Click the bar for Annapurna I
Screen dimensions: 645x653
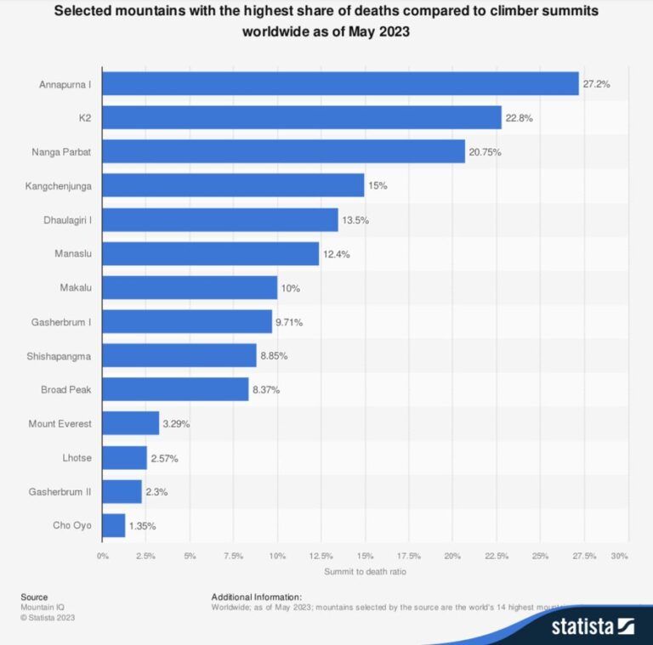pyautogui.click(x=340, y=83)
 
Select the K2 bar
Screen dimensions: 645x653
pyautogui.click(x=302, y=117)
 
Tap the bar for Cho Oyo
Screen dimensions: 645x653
pyautogui.click(x=114, y=525)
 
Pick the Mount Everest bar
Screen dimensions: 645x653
pyautogui.click(x=131, y=423)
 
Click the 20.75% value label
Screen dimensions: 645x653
pyautogui.click(x=487, y=151)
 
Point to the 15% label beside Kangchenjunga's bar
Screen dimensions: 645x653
pyautogui.click(x=378, y=185)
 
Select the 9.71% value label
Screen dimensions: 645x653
pyautogui.click(x=289, y=322)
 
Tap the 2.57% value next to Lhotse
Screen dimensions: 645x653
pyautogui.click(x=164, y=458)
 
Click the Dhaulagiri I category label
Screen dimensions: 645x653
pyautogui.click(x=67, y=219)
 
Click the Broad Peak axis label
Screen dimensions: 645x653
pyautogui.click(x=67, y=390)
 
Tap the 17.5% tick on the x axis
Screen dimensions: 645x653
pyautogui.click(x=408, y=556)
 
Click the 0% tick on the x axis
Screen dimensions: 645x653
pyautogui.click(x=102, y=556)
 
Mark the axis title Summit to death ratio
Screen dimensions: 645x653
pyautogui.click(x=365, y=572)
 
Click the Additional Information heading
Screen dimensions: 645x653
pyautogui.click(x=256, y=597)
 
